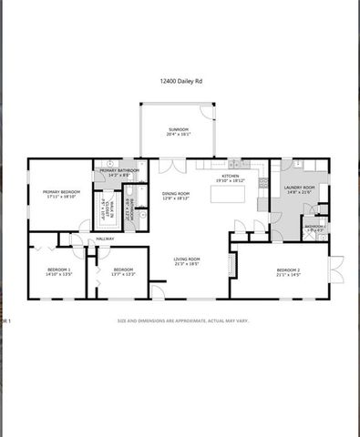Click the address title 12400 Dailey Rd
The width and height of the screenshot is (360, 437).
tap(180, 81)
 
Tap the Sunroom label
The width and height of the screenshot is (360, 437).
tap(178, 129)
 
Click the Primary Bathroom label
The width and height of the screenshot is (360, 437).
tap(119, 170)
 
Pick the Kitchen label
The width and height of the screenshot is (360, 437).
tap(231, 176)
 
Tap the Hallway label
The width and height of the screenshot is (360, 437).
tap(105, 239)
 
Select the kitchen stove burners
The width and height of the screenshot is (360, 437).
tap(263, 183)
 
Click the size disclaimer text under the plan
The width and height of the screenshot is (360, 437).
tap(182, 320)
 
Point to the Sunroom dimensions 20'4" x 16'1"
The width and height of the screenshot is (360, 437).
tap(178, 135)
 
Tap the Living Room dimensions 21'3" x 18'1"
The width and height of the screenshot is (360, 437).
tap(187, 265)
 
